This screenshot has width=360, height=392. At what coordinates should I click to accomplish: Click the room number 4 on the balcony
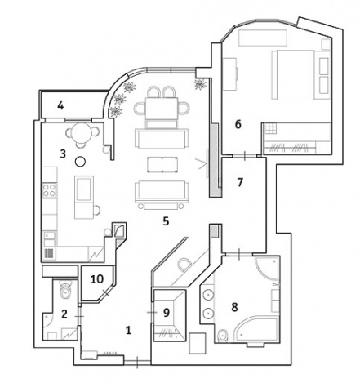pos(60,105)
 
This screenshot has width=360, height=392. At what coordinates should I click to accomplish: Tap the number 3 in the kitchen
pos(63,154)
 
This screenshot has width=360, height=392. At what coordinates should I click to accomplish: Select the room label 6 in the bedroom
pos(238,124)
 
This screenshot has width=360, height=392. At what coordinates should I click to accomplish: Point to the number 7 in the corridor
pos(240,182)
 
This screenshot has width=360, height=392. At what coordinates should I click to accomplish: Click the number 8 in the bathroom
pos(234,307)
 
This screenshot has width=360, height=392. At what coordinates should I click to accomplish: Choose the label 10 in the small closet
pos(97,279)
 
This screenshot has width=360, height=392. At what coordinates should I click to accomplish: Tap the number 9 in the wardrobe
pos(167,313)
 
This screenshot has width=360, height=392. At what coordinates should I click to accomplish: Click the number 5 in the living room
pos(166,221)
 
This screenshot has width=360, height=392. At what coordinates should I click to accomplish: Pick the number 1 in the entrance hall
pos(128,331)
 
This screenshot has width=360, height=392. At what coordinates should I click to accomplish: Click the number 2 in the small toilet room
pos(64,314)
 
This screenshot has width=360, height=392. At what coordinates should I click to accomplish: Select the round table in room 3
pos(82,133)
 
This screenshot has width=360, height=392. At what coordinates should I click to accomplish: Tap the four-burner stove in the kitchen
pos(50,190)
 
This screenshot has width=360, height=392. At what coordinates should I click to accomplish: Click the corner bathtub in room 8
pos(256,330)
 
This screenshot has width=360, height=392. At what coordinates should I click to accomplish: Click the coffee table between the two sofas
pos(163,164)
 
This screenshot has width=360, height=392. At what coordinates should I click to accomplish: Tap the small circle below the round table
pos(80,162)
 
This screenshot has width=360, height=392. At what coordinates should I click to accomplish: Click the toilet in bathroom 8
pos(224,336)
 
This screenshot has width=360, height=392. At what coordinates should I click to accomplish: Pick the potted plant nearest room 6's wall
pos(201,84)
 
